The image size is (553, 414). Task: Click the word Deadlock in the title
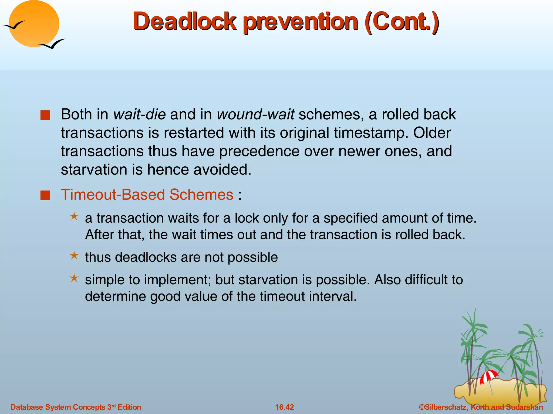click(184, 22)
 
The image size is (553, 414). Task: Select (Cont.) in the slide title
click(402, 22)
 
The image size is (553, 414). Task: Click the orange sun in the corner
click(34, 24)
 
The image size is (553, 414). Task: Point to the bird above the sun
click(14, 25)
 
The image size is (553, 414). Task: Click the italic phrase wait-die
click(139, 114)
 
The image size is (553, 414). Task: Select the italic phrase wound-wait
click(255, 114)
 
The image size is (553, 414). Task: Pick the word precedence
click(259, 151)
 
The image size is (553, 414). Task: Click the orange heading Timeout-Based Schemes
click(147, 195)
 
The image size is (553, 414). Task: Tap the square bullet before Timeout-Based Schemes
click(45, 195)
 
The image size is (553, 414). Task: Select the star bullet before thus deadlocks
click(74, 255)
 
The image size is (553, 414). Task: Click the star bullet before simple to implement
click(74, 278)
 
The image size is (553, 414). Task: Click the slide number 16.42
click(284, 407)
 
